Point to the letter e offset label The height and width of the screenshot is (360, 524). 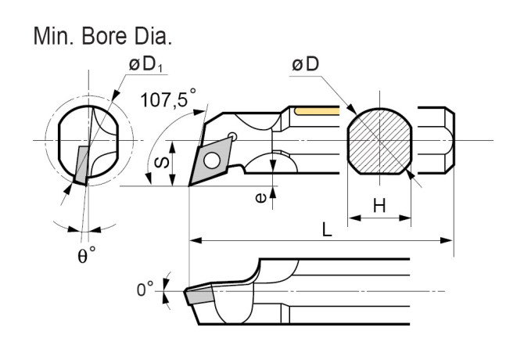coord(260,197)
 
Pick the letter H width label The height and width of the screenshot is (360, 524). coord(379,205)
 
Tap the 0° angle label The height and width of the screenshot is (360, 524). coord(145,290)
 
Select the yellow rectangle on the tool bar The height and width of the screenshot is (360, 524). coord(317,112)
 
